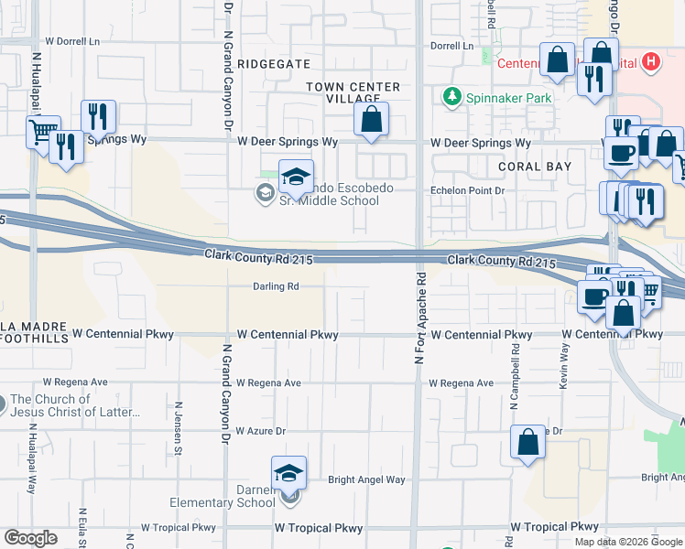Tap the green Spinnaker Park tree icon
[x=450, y=95]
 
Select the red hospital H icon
[x=650, y=62]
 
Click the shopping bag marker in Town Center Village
[x=371, y=120]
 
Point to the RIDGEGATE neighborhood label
[x=274, y=64]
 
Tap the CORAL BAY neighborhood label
[x=535, y=167]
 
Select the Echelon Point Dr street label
[x=468, y=190]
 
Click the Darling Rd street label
[x=277, y=286]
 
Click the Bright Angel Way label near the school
[x=366, y=479]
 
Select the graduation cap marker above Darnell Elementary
[x=288, y=474]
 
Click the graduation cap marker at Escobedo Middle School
[x=296, y=177]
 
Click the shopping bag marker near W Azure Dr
[x=528, y=443]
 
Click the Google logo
[x=30, y=538]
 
